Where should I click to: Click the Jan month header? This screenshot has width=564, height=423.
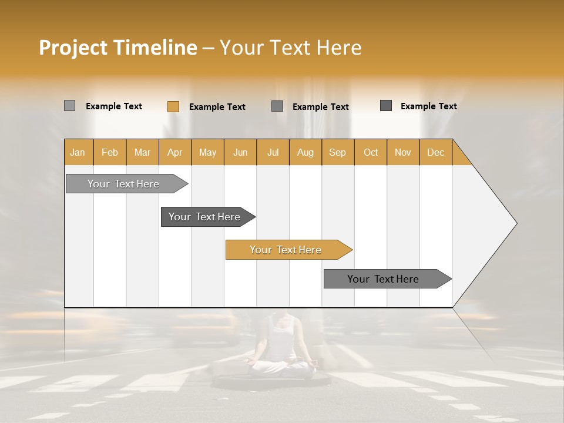(78, 152)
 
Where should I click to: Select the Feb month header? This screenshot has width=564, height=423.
(110, 152)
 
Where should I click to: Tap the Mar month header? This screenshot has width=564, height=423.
(142, 152)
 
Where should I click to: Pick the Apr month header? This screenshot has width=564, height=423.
(174, 152)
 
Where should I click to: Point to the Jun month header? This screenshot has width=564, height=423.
(240, 152)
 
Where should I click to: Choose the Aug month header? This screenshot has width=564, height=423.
(305, 152)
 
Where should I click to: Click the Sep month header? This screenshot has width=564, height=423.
(337, 152)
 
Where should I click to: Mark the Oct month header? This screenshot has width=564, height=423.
(371, 152)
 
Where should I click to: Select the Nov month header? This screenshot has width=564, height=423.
(402, 152)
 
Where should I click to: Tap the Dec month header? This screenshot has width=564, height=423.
(435, 152)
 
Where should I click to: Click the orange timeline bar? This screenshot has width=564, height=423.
(286, 250)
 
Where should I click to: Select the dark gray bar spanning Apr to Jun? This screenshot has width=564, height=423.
(204, 217)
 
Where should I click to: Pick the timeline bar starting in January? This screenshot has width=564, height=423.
(123, 184)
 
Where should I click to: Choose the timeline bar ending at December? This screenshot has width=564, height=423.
(383, 279)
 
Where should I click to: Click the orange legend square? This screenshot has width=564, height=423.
(173, 106)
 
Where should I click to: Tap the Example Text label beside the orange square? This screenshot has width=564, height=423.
(217, 107)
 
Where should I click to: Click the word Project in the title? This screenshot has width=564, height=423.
(73, 48)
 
